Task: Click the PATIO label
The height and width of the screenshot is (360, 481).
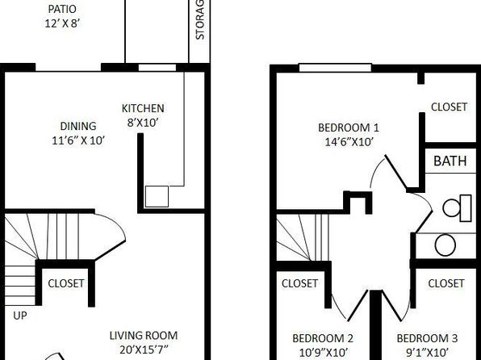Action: [x=62, y=9]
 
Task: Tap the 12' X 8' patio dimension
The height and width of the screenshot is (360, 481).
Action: [x=62, y=23]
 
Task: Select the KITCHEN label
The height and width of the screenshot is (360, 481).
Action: [x=143, y=108]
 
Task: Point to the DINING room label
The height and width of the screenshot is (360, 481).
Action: [x=78, y=126]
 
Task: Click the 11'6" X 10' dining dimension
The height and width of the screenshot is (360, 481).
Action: [x=78, y=140]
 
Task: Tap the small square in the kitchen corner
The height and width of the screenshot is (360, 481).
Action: [x=157, y=196]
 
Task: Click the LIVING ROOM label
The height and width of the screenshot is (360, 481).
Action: [x=144, y=336]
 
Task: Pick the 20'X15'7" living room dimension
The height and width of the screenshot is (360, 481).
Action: [x=144, y=350]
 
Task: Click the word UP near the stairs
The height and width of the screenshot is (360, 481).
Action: [x=20, y=316]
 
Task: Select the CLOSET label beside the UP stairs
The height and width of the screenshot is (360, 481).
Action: [x=66, y=283]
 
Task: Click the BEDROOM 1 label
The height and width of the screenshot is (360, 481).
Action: [x=349, y=128]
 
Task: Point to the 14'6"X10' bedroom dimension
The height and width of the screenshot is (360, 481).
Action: [x=349, y=142]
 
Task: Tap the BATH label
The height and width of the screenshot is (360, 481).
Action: [x=450, y=161]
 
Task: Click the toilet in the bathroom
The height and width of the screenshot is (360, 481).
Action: [x=457, y=207]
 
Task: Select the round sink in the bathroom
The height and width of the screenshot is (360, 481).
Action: [x=445, y=245]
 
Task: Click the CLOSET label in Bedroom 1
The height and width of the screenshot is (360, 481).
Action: [x=449, y=107]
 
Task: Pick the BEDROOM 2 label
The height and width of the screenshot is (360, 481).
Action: [x=323, y=338]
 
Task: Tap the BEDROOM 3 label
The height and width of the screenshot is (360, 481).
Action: [x=427, y=338]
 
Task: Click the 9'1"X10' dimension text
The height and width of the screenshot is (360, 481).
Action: [x=427, y=352]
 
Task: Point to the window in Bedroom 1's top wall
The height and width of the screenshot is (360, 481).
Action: [x=335, y=68]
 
